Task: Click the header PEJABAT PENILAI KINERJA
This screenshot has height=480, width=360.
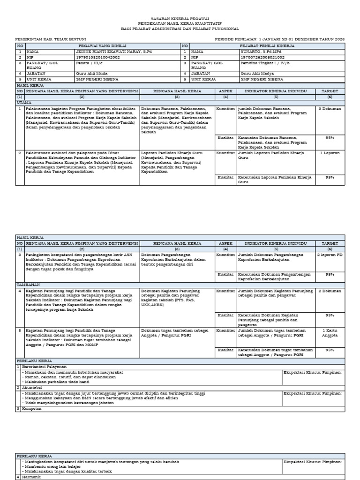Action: click(x=266, y=45)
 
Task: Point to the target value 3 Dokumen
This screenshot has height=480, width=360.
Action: click(x=330, y=108)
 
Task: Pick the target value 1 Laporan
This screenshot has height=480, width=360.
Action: click(x=330, y=153)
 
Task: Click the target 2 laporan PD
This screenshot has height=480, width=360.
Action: click(x=330, y=255)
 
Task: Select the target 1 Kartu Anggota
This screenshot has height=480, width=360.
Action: click(x=330, y=333)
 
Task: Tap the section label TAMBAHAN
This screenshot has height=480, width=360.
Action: click(x=28, y=285)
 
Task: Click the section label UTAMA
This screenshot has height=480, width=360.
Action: click(x=24, y=102)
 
